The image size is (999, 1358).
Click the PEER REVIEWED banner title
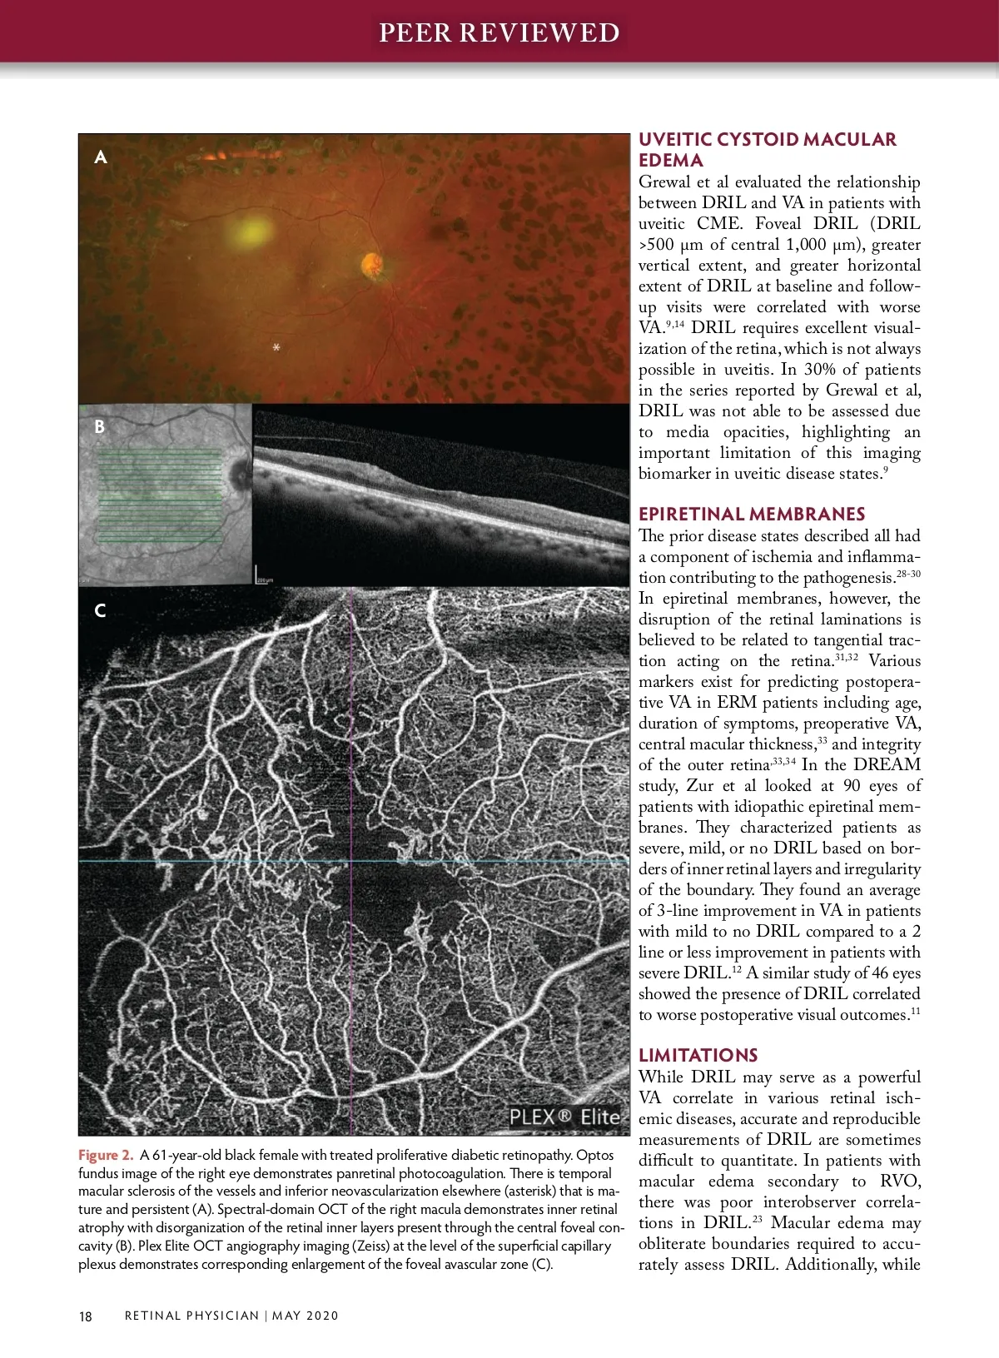[499, 32]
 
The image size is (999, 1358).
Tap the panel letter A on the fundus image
[101, 157]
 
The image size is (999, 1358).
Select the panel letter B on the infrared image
[100, 426]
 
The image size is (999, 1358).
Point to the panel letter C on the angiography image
[100, 610]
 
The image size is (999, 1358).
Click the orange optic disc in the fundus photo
[372, 266]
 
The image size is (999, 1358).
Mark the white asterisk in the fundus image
[276, 346]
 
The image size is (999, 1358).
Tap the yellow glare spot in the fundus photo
[248, 228]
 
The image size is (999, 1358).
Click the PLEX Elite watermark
[565, 1117]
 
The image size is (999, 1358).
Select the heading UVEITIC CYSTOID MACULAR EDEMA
[767, 150]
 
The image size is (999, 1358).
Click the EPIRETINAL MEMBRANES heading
[752, 514]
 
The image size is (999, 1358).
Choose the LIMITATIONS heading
[698, 1055]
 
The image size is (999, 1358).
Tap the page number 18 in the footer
[86, 1316]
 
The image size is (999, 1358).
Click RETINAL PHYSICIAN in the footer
[191, 1316]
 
